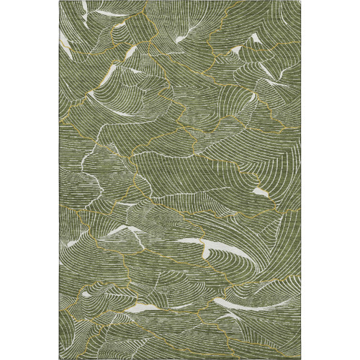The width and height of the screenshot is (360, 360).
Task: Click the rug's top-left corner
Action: tap(60, 1)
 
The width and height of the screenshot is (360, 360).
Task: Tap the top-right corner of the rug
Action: tap(300, 1)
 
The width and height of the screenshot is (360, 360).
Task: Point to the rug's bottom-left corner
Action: tap(60, 359)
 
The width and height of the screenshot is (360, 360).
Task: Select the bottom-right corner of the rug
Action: tap(300, 359)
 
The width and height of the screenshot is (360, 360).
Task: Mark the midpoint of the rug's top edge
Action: tap(180, 1)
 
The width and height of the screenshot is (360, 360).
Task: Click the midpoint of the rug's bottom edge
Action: tap(180, 359)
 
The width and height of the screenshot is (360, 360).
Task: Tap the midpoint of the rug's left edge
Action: tap(60, 180)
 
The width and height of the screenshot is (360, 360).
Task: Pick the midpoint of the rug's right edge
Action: tap(300, 180)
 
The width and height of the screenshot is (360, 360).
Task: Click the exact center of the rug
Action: tap(180, 180)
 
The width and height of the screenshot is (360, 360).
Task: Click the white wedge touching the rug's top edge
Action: tap(85, 9)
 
